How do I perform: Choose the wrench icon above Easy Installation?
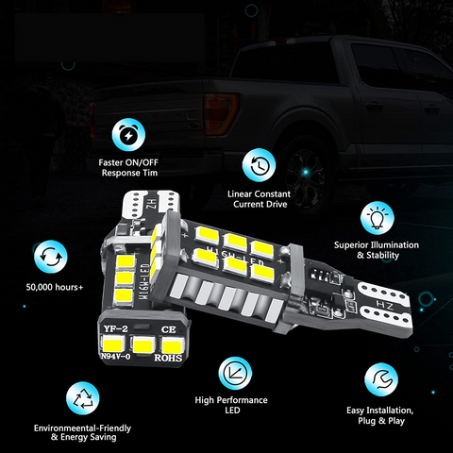(378, 380)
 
